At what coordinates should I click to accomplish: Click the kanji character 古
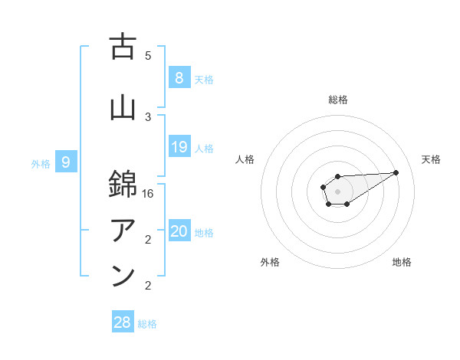point(123,47)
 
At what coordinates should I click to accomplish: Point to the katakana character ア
point(123,229)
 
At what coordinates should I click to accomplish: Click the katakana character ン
point(123,276)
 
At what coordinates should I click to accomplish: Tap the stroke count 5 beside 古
point(148,55)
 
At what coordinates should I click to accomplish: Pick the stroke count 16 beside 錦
point(148,195)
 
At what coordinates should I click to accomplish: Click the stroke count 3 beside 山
point(148,116)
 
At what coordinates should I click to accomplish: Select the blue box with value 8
point(179,78)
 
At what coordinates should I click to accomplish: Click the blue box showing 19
point(179,147)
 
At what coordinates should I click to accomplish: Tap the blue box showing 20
point(179,231)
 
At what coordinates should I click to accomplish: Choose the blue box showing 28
point(122,322)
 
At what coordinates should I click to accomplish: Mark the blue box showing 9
point(66,162)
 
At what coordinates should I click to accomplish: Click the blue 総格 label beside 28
point(147,324)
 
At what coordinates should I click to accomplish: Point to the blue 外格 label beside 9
point(41,163)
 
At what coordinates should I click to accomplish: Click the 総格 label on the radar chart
point(337,100)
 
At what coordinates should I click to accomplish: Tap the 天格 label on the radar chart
point(431,159)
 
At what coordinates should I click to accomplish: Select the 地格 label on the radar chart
point(402,262)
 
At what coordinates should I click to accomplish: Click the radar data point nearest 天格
point(396,172)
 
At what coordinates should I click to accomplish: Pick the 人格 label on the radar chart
point(245,159)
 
